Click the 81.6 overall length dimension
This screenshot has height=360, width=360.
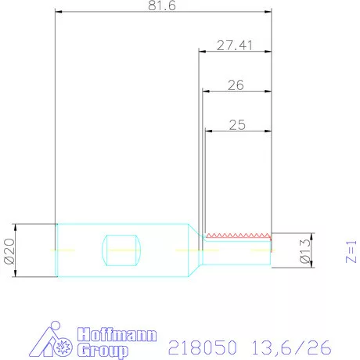(162, 6)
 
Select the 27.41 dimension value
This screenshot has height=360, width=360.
(234, 45)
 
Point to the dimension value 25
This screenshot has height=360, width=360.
(236, 123)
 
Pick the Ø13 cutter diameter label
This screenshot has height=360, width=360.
(307, 250)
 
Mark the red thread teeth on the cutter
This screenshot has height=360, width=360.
(237, 235)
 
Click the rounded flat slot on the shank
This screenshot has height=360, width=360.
(123, 250)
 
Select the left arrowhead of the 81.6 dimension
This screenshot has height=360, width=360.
(59, 13)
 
